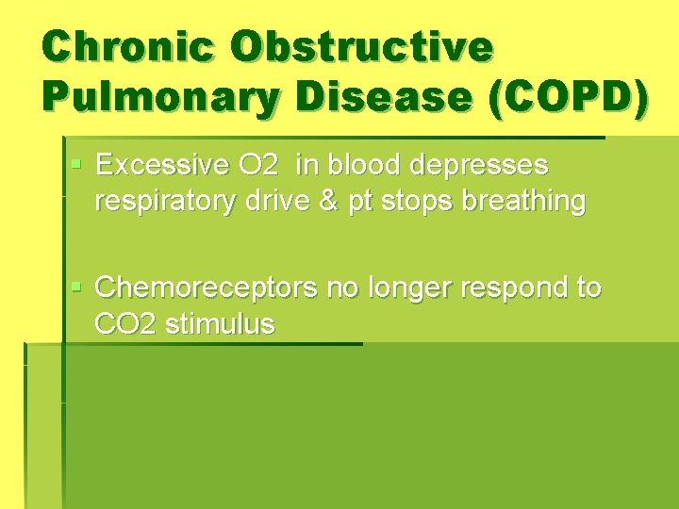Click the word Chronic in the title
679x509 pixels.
(x=125, y=47)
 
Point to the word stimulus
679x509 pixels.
(x=220, y=323)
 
